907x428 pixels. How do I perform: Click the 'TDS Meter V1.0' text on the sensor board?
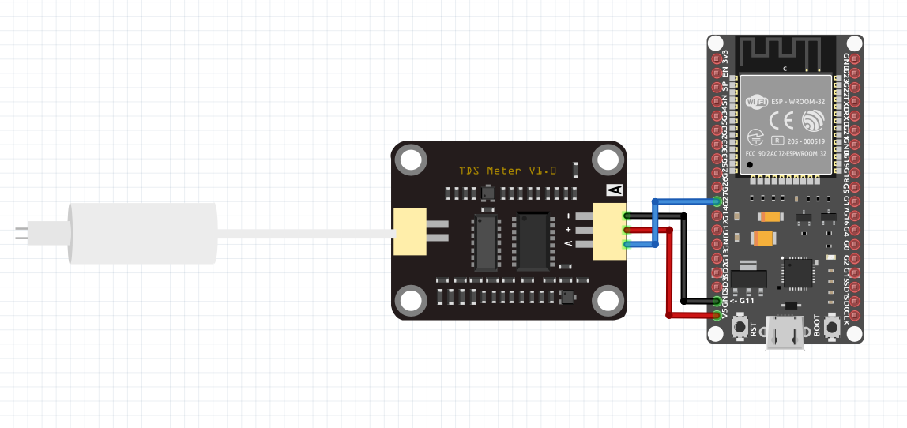[x=508, y=171]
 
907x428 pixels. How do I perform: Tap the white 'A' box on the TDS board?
[x=615, y=190]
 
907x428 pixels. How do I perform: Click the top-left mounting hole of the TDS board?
[x=411, y=161]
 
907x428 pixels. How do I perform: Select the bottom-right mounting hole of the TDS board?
[x=607, y=301]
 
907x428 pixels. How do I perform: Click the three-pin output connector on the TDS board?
[x=609, y=230]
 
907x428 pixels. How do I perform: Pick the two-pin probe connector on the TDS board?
[x=410, y=232]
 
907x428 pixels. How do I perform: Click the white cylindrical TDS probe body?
[x=142, y=233]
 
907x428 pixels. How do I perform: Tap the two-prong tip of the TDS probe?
[x=21, y=233]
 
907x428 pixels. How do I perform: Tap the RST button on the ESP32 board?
[x=741, y=326]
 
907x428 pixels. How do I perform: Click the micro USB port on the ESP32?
[x=786, y=335]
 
